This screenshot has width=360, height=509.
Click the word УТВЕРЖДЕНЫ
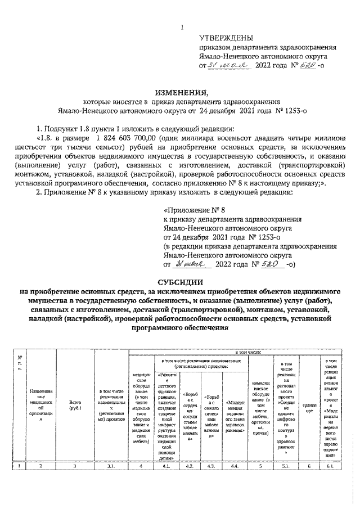coord(228,38)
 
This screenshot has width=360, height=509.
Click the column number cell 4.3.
coord(212,466)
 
